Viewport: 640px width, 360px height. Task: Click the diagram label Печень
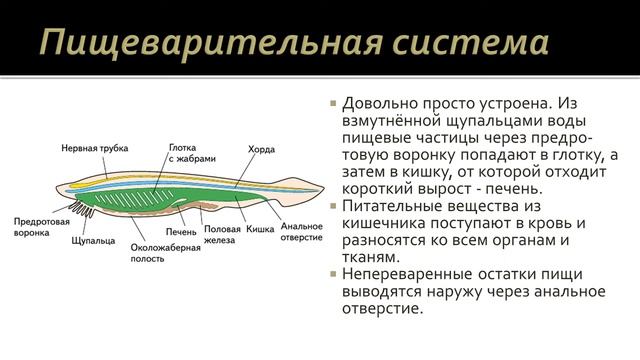tap(182, 232)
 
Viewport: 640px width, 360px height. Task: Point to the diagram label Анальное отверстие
tap(301, 231)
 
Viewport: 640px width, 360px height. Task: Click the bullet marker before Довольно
tap(335, 104)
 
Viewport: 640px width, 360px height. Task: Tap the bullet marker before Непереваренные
tap(335, 272)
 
